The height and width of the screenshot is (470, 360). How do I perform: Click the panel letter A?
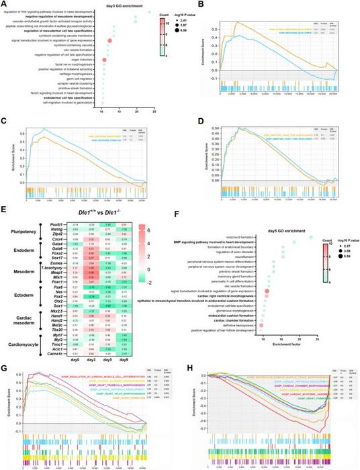tap(5, 5)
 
